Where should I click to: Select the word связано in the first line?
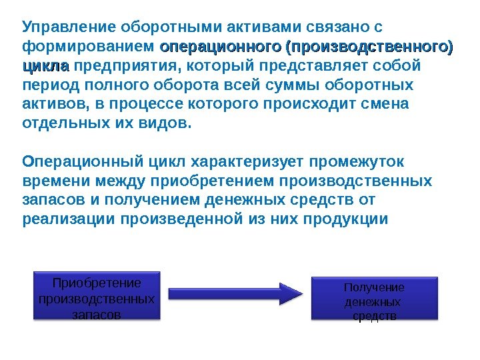337,28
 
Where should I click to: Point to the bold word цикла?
45,67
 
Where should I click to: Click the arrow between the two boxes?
236,293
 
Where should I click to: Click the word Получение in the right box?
374,287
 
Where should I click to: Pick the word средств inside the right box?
374,316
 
